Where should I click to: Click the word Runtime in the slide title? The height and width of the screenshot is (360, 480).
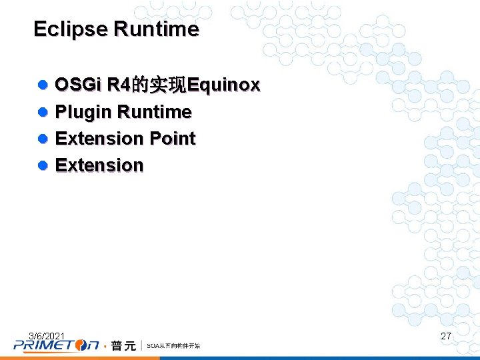[156, 29]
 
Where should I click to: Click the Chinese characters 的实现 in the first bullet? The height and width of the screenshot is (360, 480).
[160, 85]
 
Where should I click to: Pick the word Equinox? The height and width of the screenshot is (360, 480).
[224, 85]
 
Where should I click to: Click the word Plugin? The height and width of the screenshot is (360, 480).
[81, 112]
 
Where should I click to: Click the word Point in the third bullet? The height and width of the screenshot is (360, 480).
[173, 139]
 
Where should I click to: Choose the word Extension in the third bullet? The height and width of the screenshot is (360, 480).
[99, 139]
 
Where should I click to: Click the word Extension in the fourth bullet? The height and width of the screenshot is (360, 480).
[99, 165]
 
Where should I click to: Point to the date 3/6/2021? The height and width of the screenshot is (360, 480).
[47, 335]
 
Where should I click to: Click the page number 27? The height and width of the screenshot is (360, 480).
[446, 337]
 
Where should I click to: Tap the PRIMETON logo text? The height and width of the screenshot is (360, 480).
[56, 345]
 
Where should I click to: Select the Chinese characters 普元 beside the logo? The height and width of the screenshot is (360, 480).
[123, 345]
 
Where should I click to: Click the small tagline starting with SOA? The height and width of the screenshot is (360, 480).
[173, 346]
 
